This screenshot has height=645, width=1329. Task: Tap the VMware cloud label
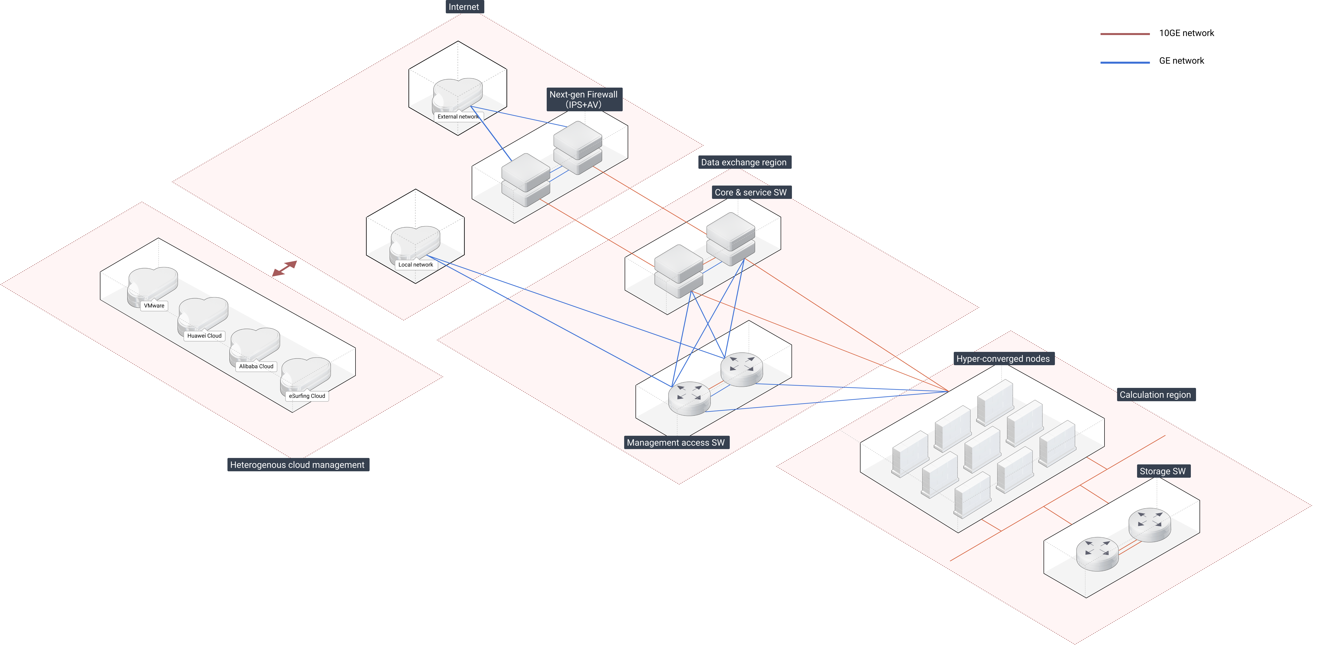point(154,305)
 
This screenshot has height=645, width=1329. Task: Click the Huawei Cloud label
point(204,335)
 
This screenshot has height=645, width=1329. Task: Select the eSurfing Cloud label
point(307,396)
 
